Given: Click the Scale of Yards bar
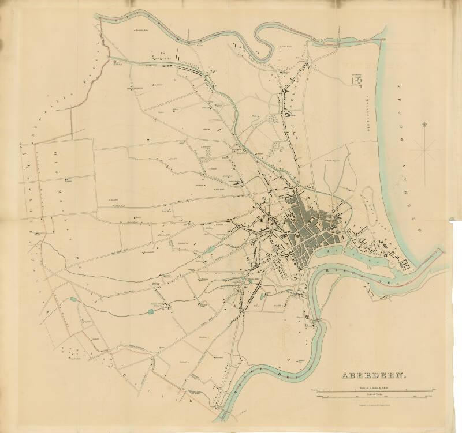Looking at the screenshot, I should coord(375,397).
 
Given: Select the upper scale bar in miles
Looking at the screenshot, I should coord(375,391).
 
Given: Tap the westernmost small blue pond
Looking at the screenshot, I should coord(72,299).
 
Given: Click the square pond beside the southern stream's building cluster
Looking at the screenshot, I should coord(151,311).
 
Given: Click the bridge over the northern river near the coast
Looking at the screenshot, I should coord(383,39).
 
